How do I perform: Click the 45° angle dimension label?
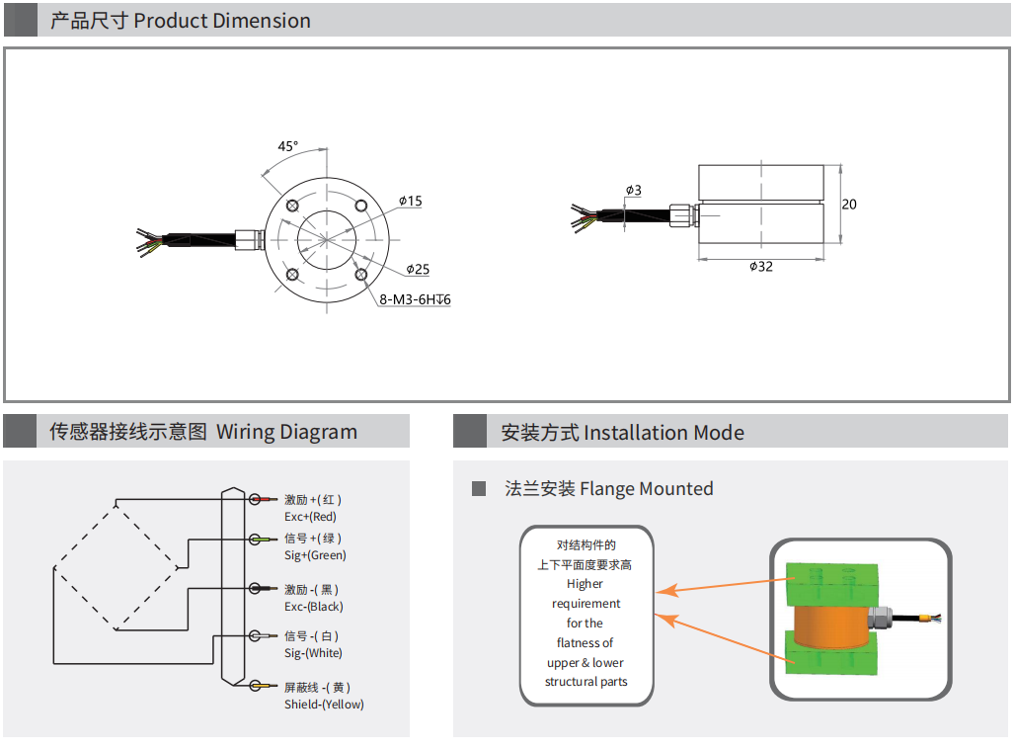287,146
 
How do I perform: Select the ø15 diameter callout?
411,202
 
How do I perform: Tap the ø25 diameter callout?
418,269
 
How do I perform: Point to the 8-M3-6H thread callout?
415,299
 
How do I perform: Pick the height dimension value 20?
849,205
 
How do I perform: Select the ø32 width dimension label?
760,267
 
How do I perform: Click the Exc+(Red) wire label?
310,517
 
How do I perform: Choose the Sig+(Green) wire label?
315,555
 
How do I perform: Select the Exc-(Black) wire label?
313,607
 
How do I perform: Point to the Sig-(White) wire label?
313,653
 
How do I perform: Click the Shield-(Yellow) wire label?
324,705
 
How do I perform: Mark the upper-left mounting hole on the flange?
293,205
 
